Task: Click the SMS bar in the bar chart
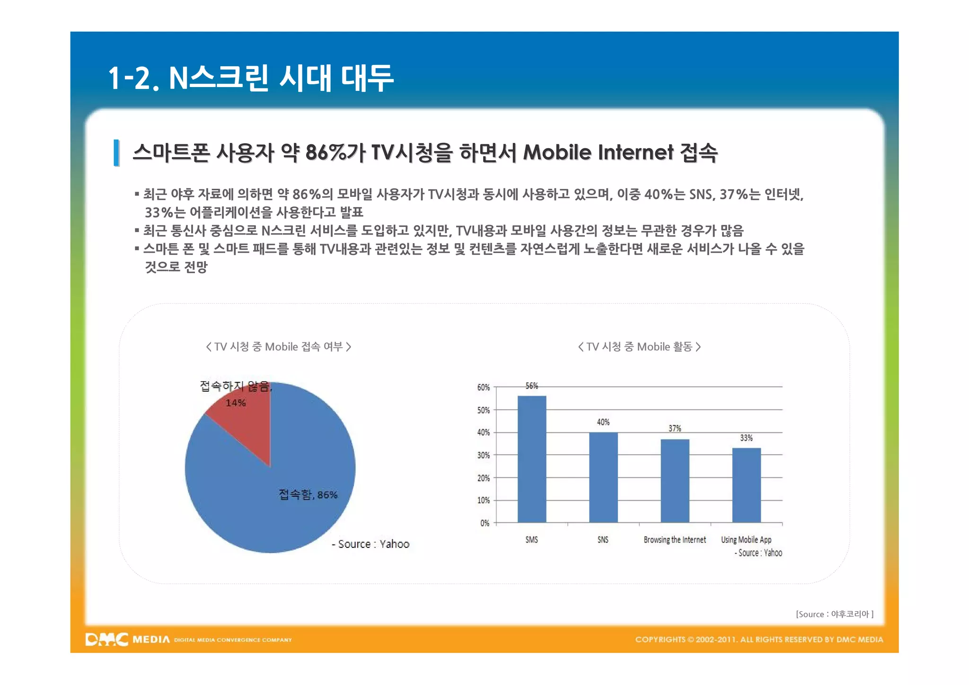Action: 532,459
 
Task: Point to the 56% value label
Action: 532,386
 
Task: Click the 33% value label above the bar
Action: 746,438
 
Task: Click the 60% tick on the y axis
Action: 484,387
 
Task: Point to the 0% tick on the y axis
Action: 485,523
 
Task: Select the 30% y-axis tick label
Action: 484,455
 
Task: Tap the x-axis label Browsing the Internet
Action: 674,540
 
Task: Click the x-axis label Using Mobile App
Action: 746,540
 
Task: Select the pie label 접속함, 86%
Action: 308,495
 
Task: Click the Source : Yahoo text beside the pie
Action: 370,544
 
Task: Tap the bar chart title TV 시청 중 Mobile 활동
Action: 639,347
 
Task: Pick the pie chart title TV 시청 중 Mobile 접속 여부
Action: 278,347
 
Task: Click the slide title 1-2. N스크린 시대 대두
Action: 251,78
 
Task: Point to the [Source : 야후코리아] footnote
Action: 835,614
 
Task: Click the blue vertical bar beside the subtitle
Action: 116,153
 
